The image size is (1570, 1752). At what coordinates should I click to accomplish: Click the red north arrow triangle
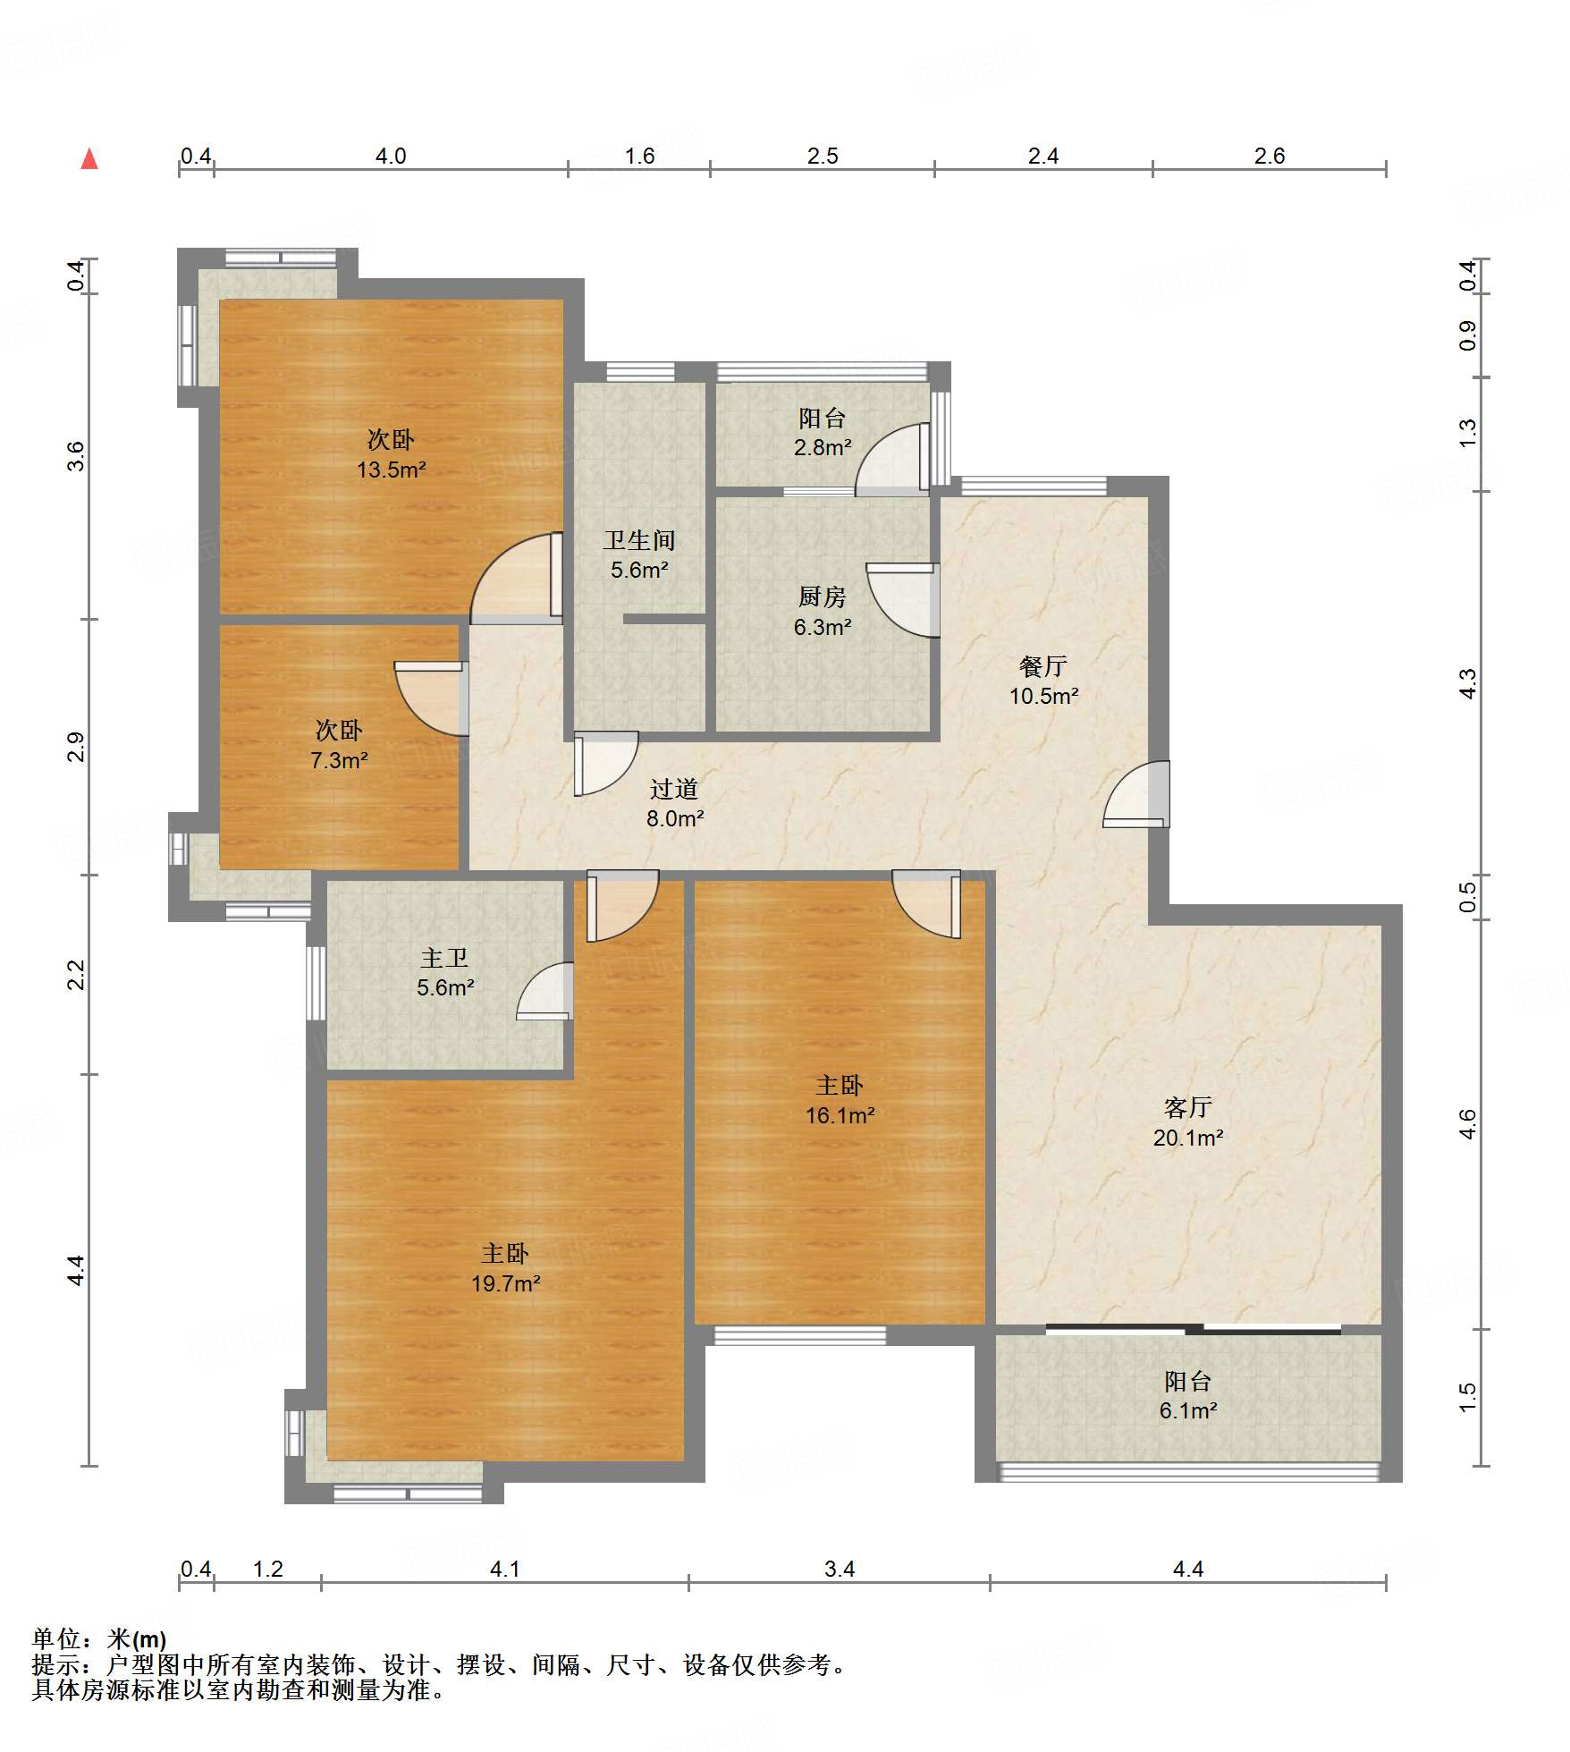89,159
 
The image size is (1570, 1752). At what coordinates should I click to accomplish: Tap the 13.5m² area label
391,470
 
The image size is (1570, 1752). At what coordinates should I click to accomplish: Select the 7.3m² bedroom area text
339,760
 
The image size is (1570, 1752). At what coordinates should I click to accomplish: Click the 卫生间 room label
639,540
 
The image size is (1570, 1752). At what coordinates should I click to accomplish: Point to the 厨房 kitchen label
822,597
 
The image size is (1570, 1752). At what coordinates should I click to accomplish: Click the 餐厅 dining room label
1043,666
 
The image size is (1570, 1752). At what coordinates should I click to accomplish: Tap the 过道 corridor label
674,789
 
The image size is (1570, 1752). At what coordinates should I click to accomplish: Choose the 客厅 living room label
1188,1108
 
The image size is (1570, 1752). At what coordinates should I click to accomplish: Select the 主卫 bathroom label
444,958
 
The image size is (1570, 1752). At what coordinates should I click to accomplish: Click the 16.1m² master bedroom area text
840,1115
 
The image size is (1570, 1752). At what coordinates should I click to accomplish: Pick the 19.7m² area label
505,1283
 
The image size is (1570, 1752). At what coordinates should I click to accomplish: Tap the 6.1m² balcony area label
1188,1410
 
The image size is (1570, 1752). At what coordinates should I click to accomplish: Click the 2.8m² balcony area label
823,447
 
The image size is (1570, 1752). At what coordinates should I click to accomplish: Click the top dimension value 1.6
639,157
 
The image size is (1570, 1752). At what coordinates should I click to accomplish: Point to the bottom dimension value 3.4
840,1569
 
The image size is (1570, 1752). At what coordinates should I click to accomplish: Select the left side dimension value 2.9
77,747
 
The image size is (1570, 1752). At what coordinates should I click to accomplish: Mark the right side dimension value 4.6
1467,1123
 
